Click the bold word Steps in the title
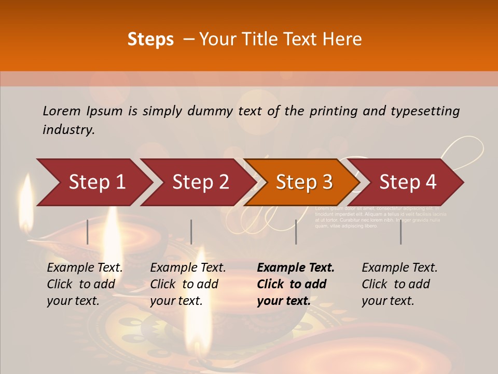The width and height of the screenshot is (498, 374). [150, 39]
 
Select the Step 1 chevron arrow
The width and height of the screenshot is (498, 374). [96, 182]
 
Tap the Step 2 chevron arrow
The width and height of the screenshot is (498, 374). [200, 182]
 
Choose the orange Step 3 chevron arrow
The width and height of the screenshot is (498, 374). [303, 182]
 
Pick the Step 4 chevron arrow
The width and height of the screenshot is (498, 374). [407, 182]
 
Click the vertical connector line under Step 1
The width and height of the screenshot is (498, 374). [88, 232]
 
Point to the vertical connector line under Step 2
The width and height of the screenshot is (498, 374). [191, 232]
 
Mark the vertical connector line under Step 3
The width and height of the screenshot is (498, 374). [296, 232]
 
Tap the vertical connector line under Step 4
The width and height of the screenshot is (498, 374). [400, 232]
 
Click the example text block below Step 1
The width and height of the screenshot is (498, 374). [85, 284]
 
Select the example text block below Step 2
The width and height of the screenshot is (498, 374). [188, 284]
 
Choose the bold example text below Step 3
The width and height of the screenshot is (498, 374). [296, 284]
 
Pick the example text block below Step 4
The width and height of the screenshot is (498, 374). [399, 284]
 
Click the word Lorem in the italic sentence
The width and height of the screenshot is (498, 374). [62, 111]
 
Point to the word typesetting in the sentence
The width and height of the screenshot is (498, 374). [425, 111]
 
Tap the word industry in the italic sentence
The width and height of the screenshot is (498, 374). [68, 130]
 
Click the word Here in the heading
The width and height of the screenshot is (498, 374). [342, 39]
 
